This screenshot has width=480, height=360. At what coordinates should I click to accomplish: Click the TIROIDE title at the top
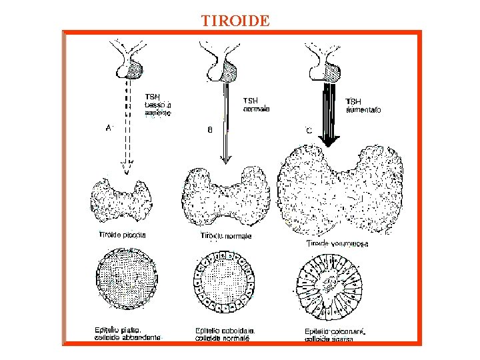coord(236,21)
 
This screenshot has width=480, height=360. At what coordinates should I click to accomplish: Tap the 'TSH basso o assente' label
coord(158,105)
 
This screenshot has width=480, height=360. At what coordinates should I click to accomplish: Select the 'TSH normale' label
coord(257,105)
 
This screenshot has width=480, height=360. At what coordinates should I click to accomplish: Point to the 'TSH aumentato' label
coord(363,105)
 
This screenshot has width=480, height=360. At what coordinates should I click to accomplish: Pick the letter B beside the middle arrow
coord(210,130)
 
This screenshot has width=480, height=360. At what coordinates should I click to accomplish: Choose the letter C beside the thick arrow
coord(308,129)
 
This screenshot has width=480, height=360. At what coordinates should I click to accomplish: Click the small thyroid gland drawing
coord(121,200)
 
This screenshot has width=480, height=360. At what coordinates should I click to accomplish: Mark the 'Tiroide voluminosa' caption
coord(337,243)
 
